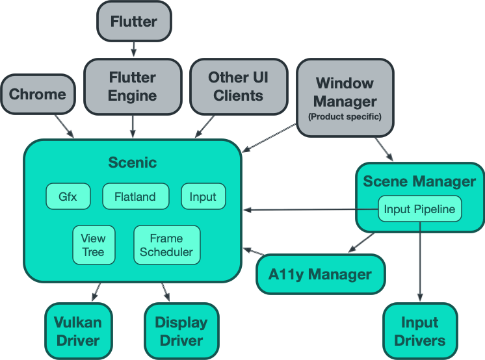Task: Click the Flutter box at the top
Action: (134, 21)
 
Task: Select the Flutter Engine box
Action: (133, 86)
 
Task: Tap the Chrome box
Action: (38, 94)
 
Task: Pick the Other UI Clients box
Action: (237, 86)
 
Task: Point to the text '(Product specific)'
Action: (345, 117)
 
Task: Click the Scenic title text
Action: (133, 162)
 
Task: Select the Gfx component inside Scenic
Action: (68, 197)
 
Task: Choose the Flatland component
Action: (135, 197)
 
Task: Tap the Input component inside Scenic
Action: (203, 197)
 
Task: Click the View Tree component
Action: (93, 245)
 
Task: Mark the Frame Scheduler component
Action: (166, 245)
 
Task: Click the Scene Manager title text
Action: (419, 181)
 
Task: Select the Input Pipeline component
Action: (420, 209)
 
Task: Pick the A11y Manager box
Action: (320, 274)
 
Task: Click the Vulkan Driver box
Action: (77, 331)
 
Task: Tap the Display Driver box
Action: (181, 331)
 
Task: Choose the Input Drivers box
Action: (419, 331)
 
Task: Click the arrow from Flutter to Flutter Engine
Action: (134, 49)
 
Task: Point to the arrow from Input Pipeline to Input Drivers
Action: (419, 260)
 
